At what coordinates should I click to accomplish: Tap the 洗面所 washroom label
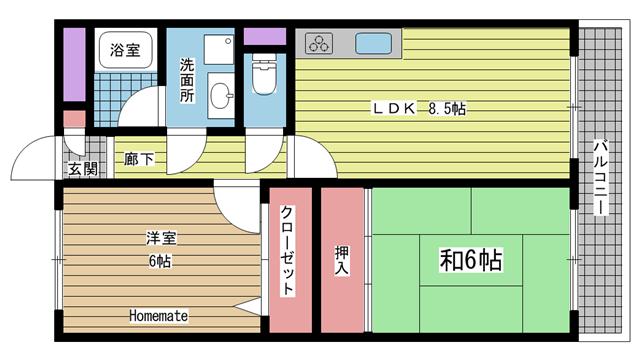point(187,82)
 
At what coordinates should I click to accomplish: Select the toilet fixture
point(264,80)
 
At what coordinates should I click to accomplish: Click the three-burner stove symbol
point(320,45)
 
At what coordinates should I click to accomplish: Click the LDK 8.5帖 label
point(419,108)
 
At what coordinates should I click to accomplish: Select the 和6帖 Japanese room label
point(470,261)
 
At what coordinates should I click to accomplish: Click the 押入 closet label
point(341,259)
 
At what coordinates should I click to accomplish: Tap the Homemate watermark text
point(158,316)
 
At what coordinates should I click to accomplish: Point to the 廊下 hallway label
point(139,157)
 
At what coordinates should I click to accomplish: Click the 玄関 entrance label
point(82,169)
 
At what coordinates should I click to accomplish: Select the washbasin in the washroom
point(221,97)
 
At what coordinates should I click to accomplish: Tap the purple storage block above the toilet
point(265,37)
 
